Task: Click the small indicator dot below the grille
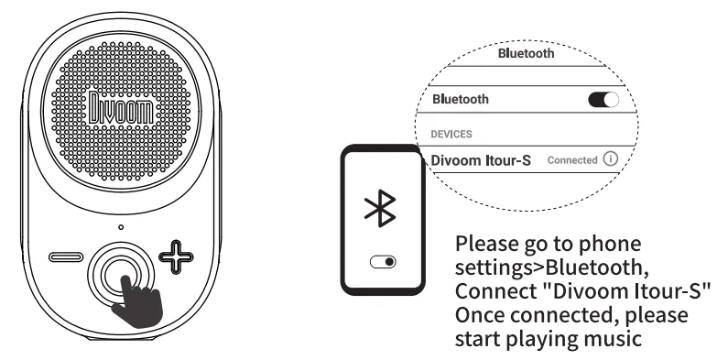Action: click(x=119, y=225)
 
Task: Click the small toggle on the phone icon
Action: click(x=384, y=262)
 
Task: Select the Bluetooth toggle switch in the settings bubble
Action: click(x=603, y=99)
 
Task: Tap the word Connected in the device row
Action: click(x=571, y=160)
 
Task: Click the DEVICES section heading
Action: click(x=452, y=133)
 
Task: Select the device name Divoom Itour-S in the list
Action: click(x=481, y=160)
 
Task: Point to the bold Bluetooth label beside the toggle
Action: click(x=460, y=99)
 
